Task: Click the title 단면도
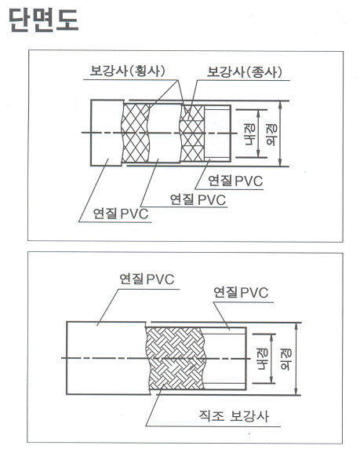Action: click(x=44, y=20)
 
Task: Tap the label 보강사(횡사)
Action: click(x=127, y=71)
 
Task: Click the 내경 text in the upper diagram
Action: click(x=250, y=134)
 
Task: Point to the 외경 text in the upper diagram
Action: click(x=271, y=134)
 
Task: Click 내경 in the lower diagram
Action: click(x=262, y=359)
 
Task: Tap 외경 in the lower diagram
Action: click(x=285, y=359)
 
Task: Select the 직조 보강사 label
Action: click(x=234, y=416)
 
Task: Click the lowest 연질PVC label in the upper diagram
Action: click(x=121, y=213)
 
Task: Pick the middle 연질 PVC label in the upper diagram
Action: click(x=198, y=199)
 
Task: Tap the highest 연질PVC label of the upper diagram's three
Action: click(x=235, y=181)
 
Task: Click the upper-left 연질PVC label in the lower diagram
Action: click(x=147, y=279)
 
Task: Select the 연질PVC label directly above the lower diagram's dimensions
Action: click(x=241, y=292)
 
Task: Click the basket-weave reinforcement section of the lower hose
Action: click(x=176, y=358)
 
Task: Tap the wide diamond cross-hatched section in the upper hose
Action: click(x=136, y=133)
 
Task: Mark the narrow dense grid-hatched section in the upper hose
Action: click(x=192, y=133)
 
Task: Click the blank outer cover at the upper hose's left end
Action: click(x=107, y=133)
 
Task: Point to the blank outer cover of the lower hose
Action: click(x=107, y=358)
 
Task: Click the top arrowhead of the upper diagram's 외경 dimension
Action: click(x=280, y=104)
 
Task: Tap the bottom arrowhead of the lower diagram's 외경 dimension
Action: click(x=296, y=391)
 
